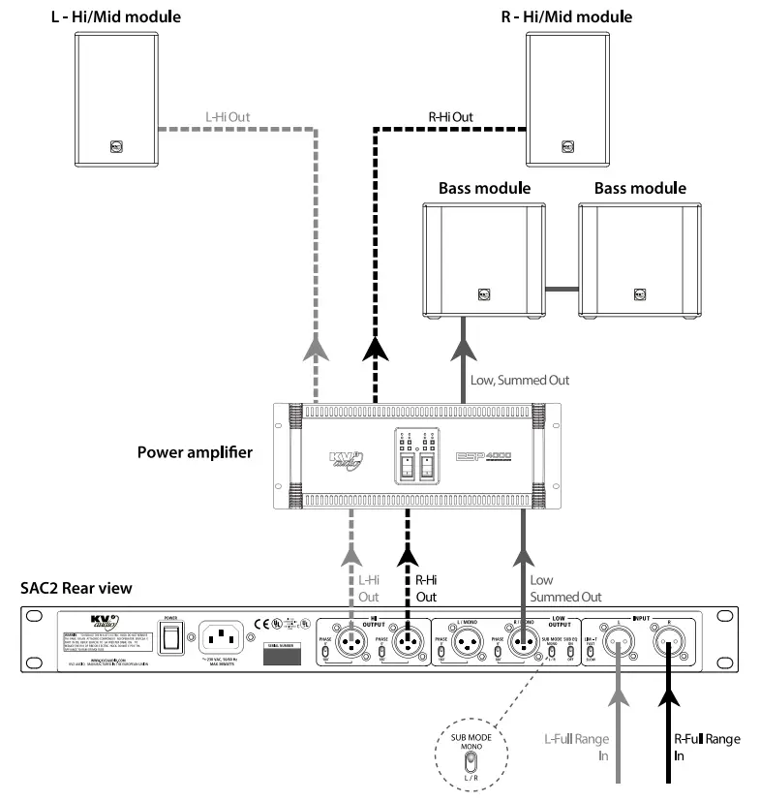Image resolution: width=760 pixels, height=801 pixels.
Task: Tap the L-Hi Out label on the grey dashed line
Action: point(228,117)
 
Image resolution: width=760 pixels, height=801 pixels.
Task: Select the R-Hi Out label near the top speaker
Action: point(451,117)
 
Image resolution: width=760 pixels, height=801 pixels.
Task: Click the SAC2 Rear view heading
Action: point(76,588)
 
